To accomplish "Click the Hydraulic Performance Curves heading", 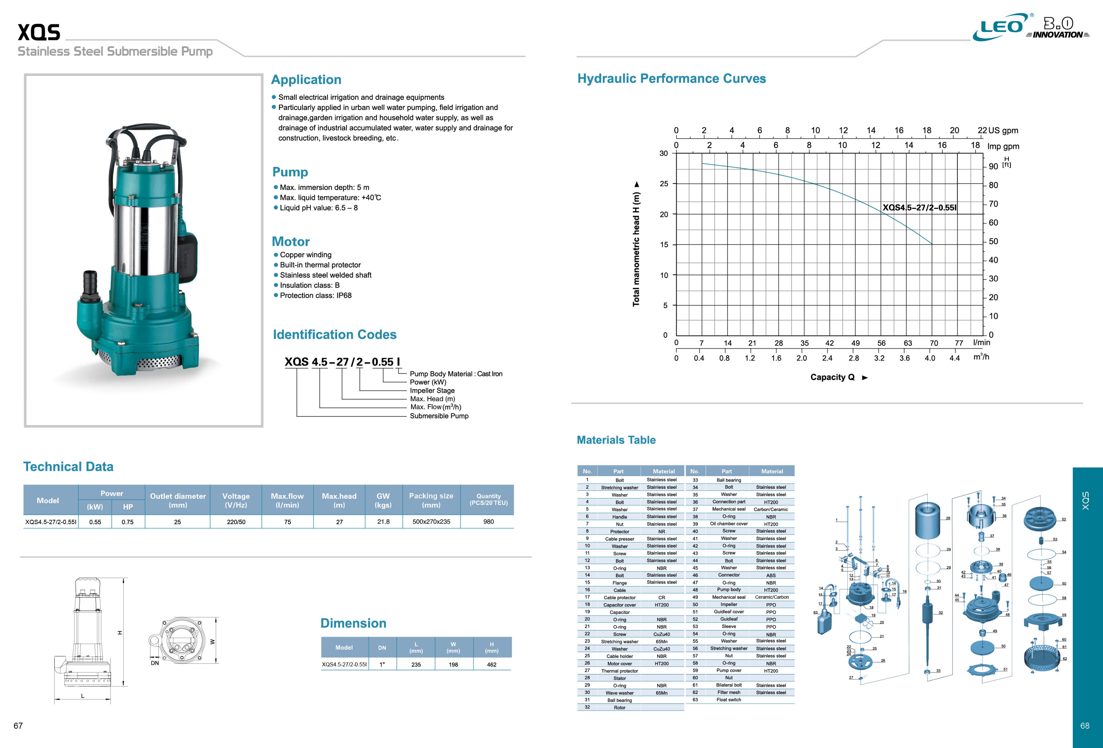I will (671, 79).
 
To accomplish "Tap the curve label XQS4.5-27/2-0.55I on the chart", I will (919, 207).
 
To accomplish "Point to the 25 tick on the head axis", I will (664, 184).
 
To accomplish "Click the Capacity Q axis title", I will (832, 377).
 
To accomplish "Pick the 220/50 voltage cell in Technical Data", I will (236, 522).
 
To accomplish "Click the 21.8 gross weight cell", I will (383, 522).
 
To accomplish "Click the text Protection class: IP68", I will (316, 296).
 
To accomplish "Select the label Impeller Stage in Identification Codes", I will (432, 390).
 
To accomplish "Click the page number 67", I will (18, 726).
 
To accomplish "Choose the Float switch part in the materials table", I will (728, 700).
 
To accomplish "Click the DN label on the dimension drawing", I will (155, 663).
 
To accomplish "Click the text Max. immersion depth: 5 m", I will (324, 187).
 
